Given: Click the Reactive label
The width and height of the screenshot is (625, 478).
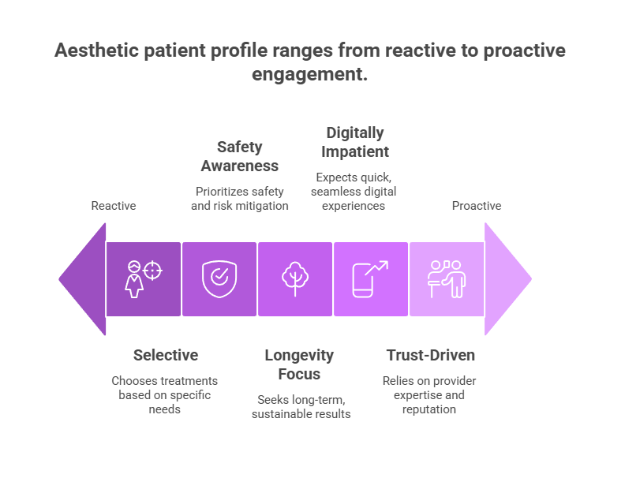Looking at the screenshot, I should (114, 206).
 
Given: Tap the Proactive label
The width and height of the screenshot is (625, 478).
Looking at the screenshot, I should (476, 206).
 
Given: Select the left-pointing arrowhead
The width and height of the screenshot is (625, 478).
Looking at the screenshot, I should (83, 278).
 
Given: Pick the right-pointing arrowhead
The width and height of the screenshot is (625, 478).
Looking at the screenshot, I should (507, 278).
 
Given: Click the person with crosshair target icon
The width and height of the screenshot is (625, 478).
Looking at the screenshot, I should (144, 278).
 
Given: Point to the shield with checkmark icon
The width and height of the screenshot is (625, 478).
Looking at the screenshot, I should (219, 278).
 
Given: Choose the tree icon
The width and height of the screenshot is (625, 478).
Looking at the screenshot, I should (295, 278).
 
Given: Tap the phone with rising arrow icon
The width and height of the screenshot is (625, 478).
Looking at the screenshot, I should (370, 278).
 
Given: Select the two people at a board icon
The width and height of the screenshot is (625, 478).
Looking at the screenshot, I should (446, 278).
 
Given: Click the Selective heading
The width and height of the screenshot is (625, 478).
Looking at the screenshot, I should (166, 355).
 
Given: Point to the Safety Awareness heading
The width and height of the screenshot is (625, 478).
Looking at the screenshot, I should (239, 156).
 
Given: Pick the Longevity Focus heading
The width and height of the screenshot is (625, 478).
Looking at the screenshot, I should (299, 364).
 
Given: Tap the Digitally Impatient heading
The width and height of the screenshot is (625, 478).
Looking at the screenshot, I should (355, 142).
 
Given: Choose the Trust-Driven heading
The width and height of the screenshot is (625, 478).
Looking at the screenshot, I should (430, 355).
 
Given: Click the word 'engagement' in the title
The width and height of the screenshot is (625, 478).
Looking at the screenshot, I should (310, 76).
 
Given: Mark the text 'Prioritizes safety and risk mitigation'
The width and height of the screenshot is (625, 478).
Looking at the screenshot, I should (240, 199).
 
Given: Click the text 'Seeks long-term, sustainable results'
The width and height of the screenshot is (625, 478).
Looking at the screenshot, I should (301, 407).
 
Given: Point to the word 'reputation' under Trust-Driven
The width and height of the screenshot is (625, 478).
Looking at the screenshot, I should (429, 409).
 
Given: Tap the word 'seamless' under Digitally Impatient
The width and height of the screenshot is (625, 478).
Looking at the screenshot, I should (336, 192).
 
